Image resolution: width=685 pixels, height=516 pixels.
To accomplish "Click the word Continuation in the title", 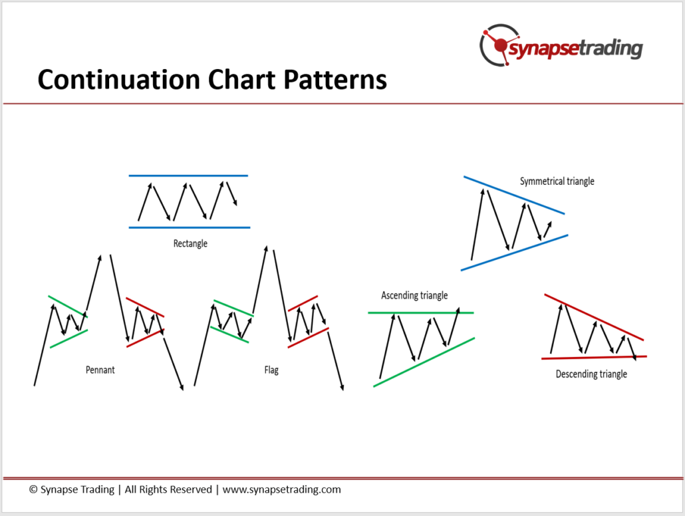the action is click(119, 80).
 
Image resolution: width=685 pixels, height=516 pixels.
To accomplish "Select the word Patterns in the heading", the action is click(335, 80).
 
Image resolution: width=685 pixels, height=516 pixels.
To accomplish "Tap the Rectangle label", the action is click(190, 243).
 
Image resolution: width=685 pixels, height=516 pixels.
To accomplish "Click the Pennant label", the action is click(100, 370).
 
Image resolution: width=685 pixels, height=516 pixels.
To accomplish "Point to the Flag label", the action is click(271, 370).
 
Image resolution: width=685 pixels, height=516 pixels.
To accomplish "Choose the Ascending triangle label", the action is click(414, 295).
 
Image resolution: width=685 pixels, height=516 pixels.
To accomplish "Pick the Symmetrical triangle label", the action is click(557, 181).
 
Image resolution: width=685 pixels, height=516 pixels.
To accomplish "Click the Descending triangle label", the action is click(591, 374).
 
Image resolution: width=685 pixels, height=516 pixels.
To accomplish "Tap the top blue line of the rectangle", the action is click(188, 176).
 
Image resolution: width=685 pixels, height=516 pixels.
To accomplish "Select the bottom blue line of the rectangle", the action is click(189, 227).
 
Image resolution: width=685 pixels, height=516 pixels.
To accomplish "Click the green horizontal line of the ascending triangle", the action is click(421, 313).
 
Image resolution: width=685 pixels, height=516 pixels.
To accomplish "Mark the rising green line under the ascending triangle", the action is click(424, 362).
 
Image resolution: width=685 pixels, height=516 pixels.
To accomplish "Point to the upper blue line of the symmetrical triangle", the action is click(513, 195).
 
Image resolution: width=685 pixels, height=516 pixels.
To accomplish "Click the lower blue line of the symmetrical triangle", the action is click(514, 253).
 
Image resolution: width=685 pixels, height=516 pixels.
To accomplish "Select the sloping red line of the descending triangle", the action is click(594, 317).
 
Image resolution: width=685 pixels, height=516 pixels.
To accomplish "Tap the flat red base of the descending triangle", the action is click(594, 357).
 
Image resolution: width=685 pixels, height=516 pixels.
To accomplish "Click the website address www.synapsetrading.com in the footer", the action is click(282, 489).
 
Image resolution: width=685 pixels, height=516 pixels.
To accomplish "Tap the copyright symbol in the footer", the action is click(33, 489).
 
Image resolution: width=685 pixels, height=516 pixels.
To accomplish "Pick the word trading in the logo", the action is click(611, 48).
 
